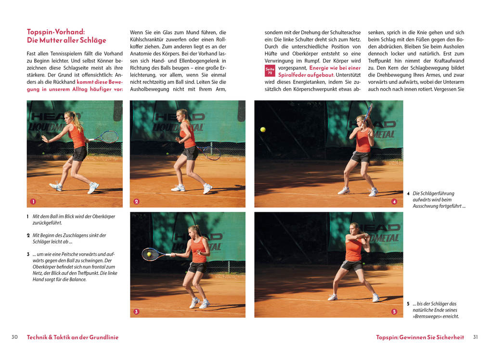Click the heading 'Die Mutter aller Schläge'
coord(66,40)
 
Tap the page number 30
coord(15,337)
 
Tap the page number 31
coord(476,337)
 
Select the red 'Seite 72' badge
coord(270,71)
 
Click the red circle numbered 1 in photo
coord(33,201)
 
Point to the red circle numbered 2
coord(136,201)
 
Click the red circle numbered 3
coord(136,311)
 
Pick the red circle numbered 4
coord(394,201)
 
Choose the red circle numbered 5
coord(394,311)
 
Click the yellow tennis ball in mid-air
coord(263,129)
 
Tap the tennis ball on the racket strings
coord(149,254)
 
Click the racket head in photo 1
coord(109,137)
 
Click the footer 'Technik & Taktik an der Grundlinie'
coord(73,337)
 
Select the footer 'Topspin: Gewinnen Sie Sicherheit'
coord(420,337)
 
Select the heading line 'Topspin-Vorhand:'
coord(56,32)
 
